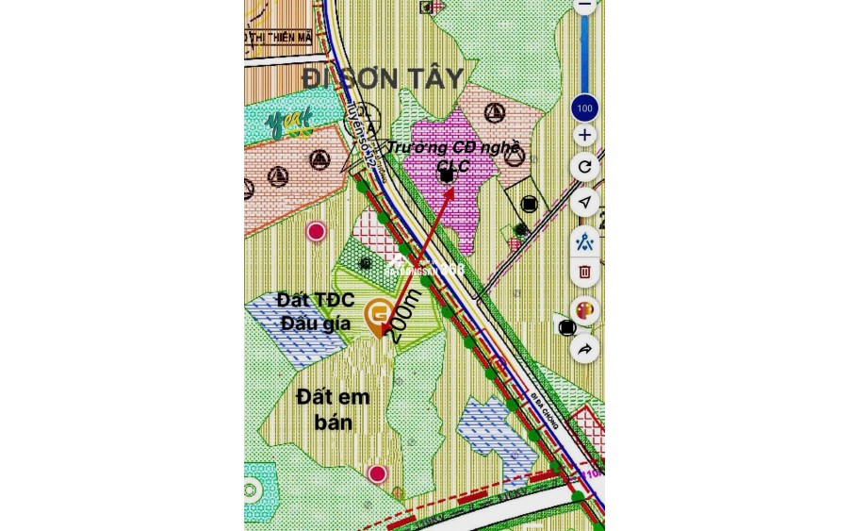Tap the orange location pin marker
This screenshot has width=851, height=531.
380,316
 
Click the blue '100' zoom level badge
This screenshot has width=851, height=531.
584,108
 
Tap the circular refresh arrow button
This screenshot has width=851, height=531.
584,168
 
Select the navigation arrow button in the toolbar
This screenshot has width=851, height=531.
584,203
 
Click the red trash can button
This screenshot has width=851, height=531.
584,272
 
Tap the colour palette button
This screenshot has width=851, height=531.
584,310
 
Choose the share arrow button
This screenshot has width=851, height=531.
584,350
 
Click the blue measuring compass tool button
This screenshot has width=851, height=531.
584,240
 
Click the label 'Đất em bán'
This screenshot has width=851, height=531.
333,409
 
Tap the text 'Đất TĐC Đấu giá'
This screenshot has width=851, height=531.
315,311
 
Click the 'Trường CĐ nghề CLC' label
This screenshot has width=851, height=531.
453,157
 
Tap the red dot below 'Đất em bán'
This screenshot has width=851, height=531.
377,473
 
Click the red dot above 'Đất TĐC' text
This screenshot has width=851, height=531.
317,231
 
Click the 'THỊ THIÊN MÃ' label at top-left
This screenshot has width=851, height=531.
278,38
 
